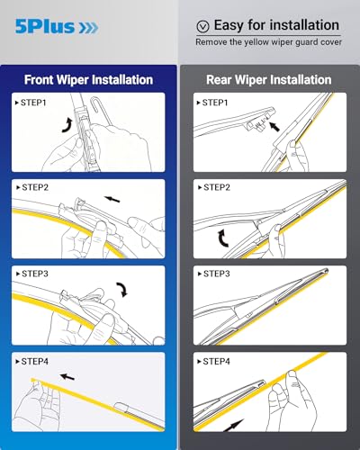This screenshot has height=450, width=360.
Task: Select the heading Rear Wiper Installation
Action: (269, 78)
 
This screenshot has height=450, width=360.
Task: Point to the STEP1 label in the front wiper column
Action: (33, 103)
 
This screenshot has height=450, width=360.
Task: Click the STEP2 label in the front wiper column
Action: (33, 189)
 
